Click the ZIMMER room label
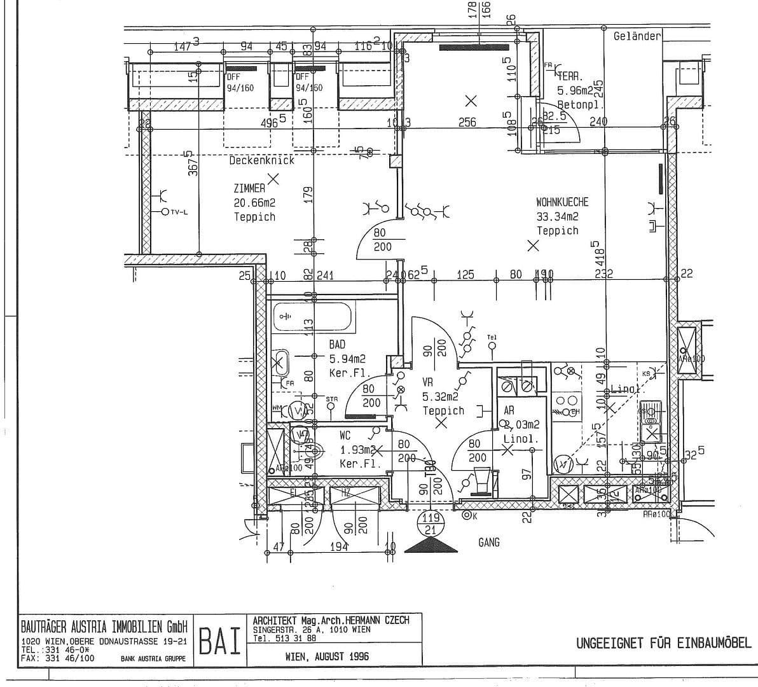point(249,188)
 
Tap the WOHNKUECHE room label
point(562,202)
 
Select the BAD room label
point(337,345)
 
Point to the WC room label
point(345,436)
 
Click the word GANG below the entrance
point(488,543)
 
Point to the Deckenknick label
point(262,161)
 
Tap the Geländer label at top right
point(637,36)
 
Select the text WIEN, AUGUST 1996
point(327,656)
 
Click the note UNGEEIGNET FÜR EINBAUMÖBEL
point(663,643)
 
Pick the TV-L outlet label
point(179,212)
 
